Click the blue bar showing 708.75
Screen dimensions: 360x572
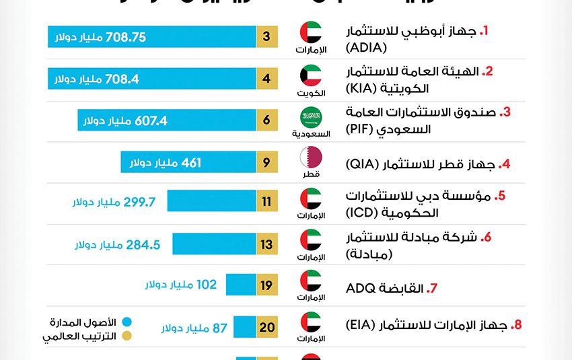pos(151,37)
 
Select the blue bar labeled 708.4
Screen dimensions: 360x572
pos(151,79)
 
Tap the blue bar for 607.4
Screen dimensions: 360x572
pos(166,120)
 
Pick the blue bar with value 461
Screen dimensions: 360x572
pos(188,162)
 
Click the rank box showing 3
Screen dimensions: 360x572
pos(266,37)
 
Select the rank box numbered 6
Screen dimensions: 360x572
pos(266,120)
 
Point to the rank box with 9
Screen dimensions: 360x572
pos(266,162)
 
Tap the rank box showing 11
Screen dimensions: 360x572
pos(266,202)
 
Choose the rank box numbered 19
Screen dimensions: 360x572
pos(266,285)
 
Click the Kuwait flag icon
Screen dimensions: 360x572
pos(311,74)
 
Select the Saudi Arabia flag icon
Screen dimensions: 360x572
pos(311,116)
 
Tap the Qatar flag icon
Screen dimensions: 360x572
pos(311,157)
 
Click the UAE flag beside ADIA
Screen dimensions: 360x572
pos(311,32)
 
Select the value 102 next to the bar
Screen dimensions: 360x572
pos(206,285)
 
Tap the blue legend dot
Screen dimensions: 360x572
pos(126,322)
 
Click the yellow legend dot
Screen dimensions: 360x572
pos(126,336)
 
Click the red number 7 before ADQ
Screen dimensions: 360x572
pos(433,289)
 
